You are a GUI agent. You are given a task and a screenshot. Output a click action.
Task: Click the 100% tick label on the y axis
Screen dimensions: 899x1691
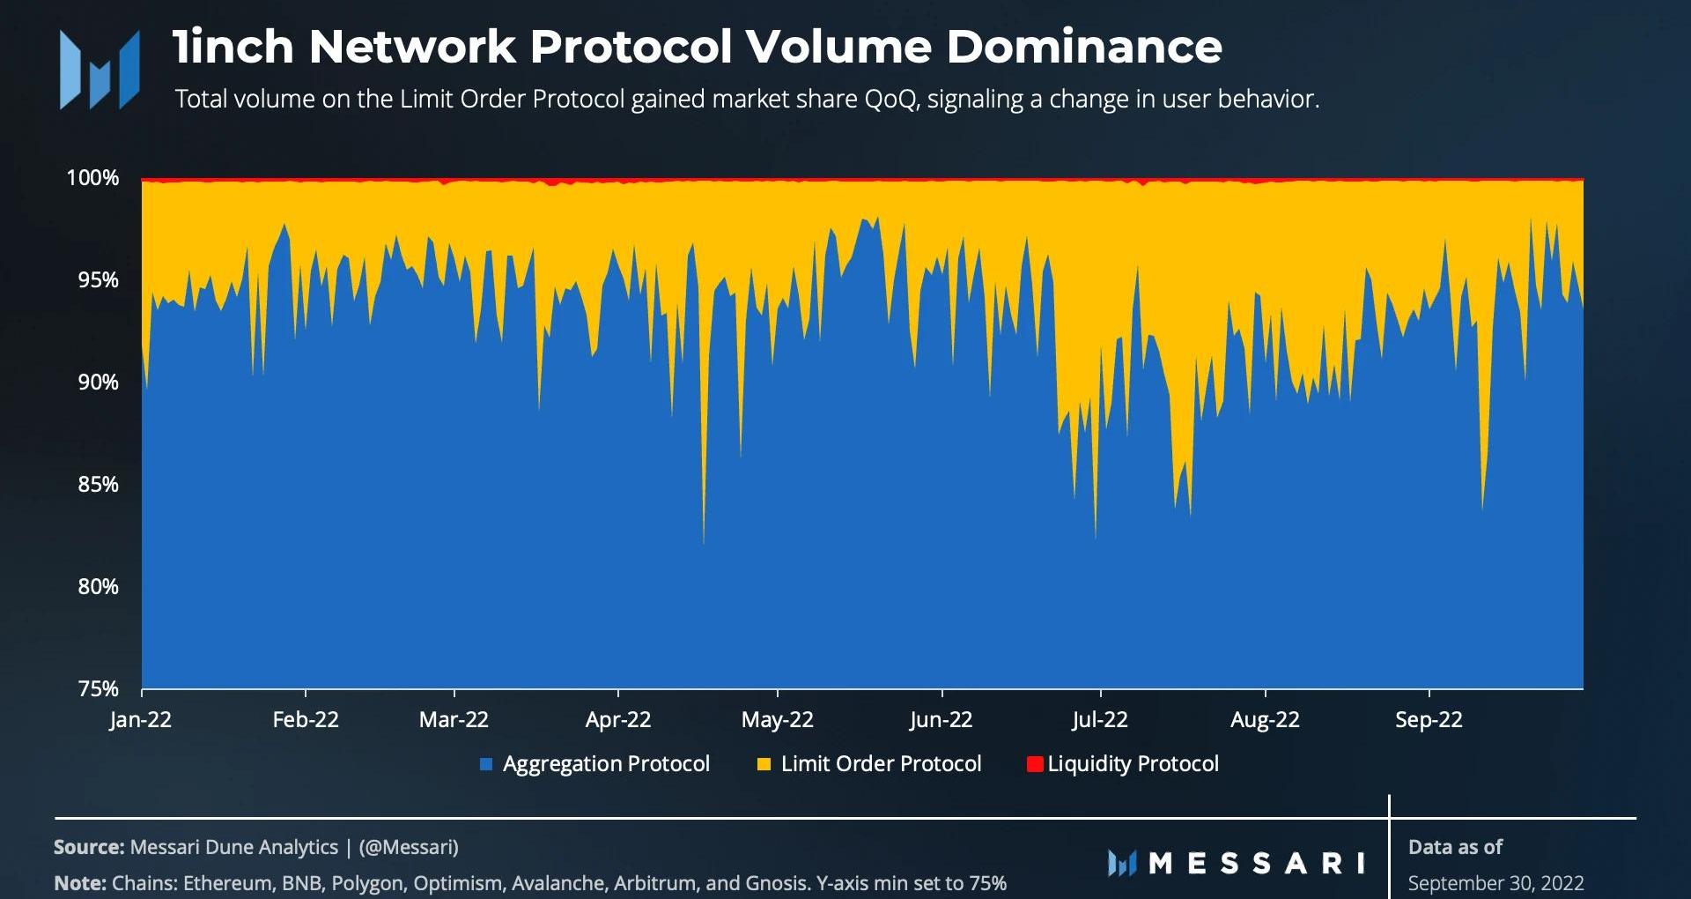(92, 178)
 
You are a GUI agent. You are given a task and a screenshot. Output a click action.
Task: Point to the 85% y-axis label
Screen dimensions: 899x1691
(98, 485)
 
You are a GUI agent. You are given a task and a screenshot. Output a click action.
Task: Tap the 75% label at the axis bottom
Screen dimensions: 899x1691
(98, 689)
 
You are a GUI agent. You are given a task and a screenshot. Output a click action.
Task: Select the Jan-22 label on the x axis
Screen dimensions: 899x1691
(140, 720)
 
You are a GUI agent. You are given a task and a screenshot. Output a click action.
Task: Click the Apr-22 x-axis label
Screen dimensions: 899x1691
(618, 720)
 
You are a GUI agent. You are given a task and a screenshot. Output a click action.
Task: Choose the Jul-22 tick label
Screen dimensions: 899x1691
(1099, 720)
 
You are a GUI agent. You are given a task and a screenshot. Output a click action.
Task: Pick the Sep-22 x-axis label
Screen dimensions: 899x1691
(1429, 720)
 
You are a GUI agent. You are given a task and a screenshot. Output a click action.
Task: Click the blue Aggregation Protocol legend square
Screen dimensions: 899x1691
(486, 764)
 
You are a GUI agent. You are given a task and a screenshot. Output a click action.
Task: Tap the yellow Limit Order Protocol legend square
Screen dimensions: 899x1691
(764, 764)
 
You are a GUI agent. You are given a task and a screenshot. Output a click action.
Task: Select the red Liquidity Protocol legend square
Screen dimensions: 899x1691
(1035, 764)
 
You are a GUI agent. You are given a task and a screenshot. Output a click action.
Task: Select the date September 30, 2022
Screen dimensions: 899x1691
(1495, 883)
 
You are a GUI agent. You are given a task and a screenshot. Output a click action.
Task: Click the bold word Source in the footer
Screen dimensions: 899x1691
(89, 847)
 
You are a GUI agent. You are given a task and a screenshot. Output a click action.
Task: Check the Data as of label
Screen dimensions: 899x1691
(1455, 847)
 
